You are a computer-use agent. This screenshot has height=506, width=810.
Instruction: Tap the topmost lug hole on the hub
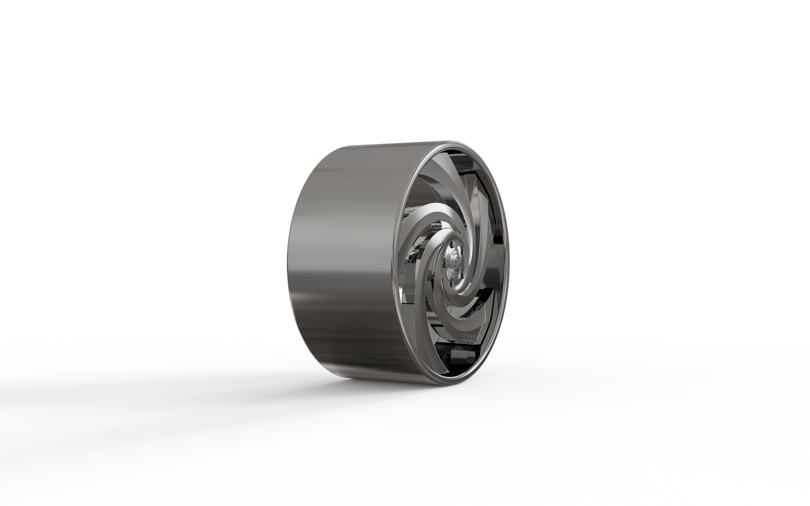[x=451, y=244]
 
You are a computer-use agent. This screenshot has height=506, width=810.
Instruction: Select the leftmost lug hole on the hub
[x=445, y=263]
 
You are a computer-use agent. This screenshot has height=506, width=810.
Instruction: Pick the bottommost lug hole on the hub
[x=451, y=282]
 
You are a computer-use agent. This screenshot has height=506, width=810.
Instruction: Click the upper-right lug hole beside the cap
[x=462, y=250]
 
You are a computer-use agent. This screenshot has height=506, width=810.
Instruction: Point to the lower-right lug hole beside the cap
[x=462, y=275]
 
